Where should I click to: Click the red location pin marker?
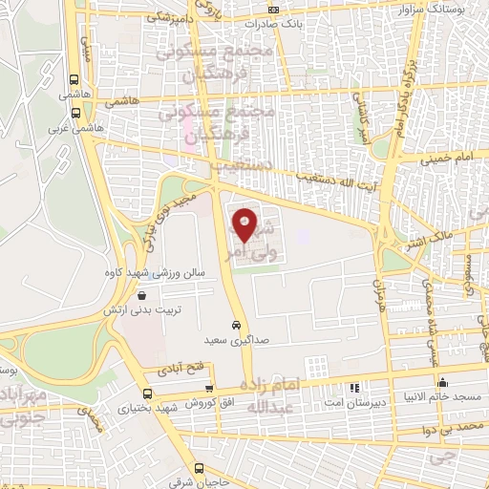244,226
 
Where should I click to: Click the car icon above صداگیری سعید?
235,325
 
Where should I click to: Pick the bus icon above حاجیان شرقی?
200,468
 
